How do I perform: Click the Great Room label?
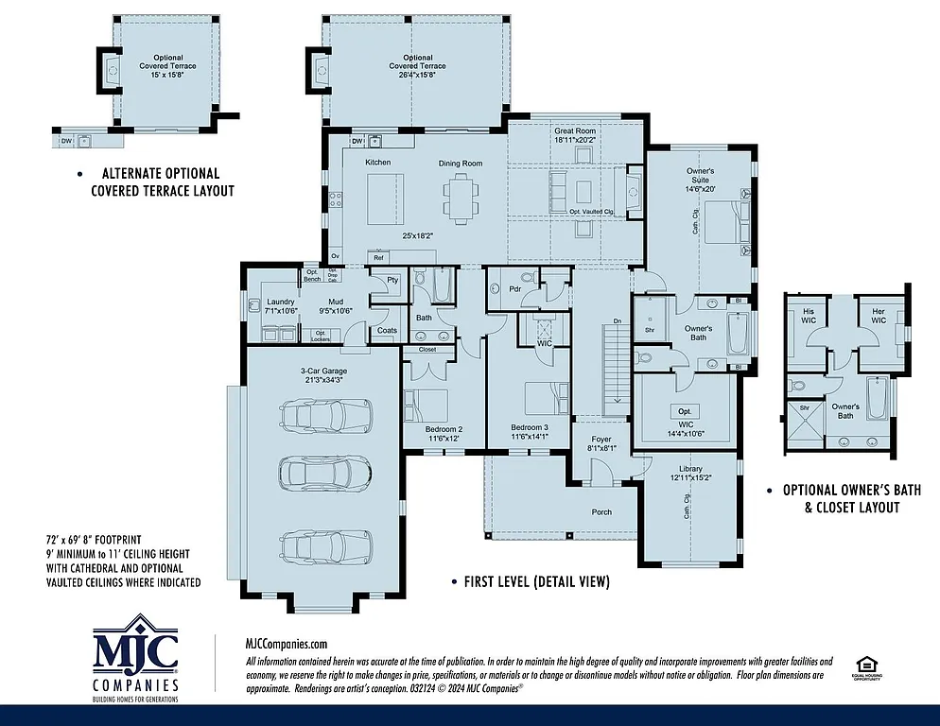pos(575,130)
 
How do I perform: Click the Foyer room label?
pos(601,440)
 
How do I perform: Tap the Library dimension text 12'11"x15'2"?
pos(690,478)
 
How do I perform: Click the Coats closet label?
pos(386,330)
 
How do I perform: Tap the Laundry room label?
pos(281,302)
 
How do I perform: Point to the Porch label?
pos(601,512)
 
